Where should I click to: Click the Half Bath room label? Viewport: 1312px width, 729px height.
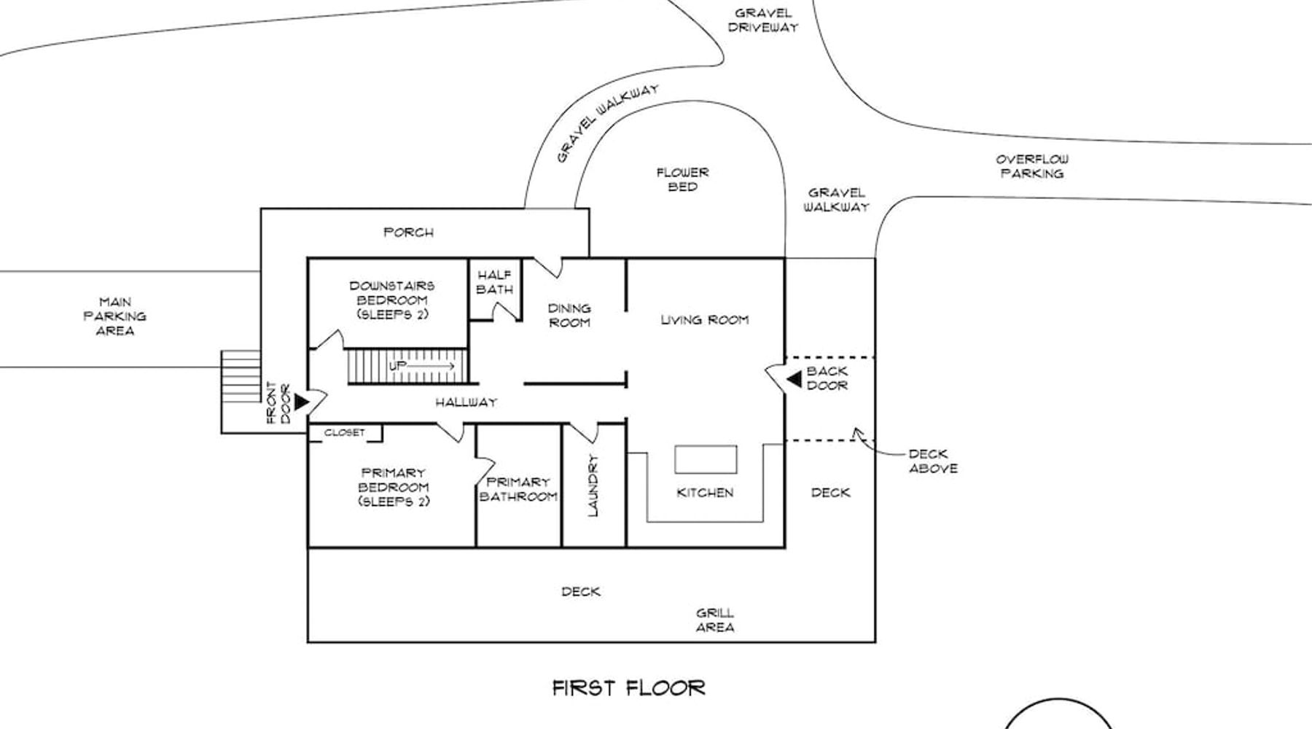[495, 282]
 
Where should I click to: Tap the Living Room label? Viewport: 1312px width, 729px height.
[705, 319]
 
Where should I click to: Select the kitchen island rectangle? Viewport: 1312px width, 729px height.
[706, 459]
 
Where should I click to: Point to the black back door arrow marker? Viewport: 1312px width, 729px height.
[794, 378]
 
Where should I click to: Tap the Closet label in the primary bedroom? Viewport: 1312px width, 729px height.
[345, 432]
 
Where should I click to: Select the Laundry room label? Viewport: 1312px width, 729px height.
[593, 486]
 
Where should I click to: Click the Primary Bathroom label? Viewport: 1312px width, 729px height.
[518, 489]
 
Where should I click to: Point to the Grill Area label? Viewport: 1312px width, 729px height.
[715, 620]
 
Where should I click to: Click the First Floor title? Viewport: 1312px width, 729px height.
[628, 687]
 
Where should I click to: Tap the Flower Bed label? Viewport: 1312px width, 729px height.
[682, 179]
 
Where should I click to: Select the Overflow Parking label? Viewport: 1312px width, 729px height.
[1032, 166]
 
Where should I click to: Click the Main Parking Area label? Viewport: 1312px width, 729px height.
[115, 316]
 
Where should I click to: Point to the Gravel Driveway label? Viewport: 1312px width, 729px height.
[763, 20]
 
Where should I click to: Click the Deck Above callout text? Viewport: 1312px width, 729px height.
[933, 461]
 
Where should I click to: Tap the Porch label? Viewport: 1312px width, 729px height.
[409, 233]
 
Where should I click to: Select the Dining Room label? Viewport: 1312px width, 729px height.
[569, 315]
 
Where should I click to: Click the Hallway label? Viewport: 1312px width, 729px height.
[466, 402]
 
